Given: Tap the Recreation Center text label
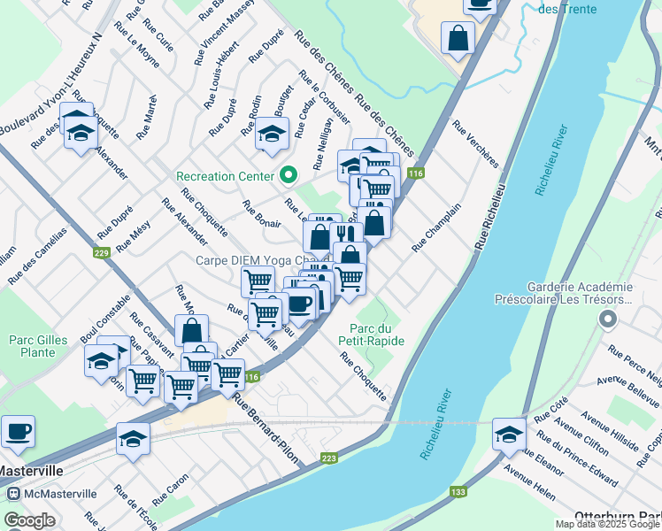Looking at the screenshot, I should [x=226, y=175].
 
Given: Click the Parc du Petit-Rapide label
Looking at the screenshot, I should [x=371, y=334].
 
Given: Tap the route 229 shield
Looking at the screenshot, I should [x=101, y=253].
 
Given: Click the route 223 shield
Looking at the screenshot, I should [x=329, y=458].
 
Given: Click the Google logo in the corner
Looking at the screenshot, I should [x=29, y=519].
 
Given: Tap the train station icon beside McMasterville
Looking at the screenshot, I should [x=13, y=493].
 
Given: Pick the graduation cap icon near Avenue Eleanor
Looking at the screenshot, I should [x=509, y=433].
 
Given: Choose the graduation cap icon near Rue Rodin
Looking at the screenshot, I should [x=272, y=134].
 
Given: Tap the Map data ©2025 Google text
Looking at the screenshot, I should [x=606, y=524].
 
